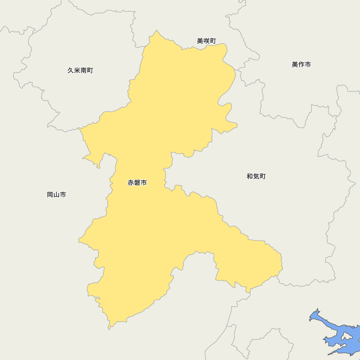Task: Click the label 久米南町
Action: click(x=80, y=71)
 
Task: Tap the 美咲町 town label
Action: click(x=206, y=41)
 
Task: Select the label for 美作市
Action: click(x=301, y=64)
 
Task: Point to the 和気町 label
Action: click(x=256, y=176)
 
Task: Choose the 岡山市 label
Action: click(x=57, y=195)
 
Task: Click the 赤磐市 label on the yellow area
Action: click(x=137, y=183)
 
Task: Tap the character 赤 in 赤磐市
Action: click(x=131, y=183)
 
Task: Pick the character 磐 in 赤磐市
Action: click(x=137, y=183)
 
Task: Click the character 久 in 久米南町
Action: click(x=71, y=71)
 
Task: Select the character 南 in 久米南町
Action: click(x=84, y=71)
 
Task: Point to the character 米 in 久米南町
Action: click(x=77, y=71)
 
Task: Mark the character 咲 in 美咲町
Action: click(x=206, y=41)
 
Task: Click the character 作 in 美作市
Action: click(x=301, y=64)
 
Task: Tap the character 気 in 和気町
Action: click(x=256, y=176)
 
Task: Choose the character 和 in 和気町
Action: click(x=250, y=176)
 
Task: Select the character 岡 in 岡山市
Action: click(x=50, y=195)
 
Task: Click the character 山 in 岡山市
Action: click(x=57, y=195)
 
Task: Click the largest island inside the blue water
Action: click(x=346, y=337)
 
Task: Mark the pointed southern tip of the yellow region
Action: click(x=109, y=328)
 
